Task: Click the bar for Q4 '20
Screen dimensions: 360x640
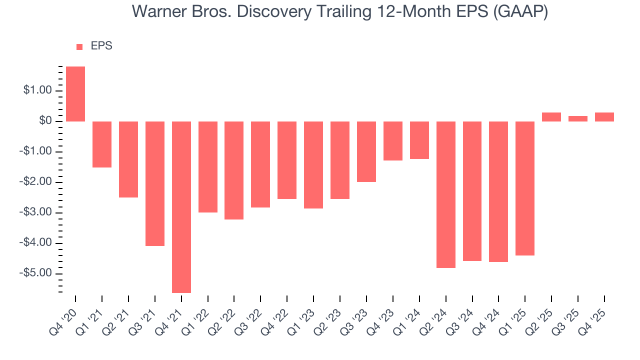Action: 75,94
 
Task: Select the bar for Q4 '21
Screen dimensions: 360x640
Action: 181,207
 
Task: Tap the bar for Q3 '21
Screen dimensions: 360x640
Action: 155,183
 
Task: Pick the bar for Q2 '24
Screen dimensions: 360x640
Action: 446,194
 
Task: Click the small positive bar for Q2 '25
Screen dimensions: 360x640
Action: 551,117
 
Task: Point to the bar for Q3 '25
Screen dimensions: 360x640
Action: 578,119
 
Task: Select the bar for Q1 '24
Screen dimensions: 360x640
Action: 419,140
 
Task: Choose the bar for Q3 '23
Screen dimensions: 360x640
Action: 366,151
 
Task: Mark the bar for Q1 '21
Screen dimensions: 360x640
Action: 102,144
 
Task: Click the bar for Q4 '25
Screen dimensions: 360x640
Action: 604,117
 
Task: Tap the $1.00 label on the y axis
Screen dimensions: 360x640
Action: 37,90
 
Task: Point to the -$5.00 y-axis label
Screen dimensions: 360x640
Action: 36,273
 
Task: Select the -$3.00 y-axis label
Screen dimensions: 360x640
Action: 36,212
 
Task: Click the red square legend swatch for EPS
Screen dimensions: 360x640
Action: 79,46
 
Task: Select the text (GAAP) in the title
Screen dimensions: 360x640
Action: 520,12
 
